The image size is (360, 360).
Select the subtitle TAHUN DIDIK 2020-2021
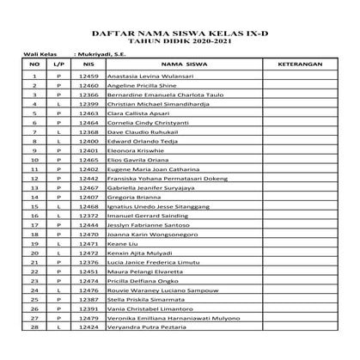pyautogui.click(x=180, y=40)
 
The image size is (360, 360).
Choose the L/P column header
pyautogui.click(x=58, y=64)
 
